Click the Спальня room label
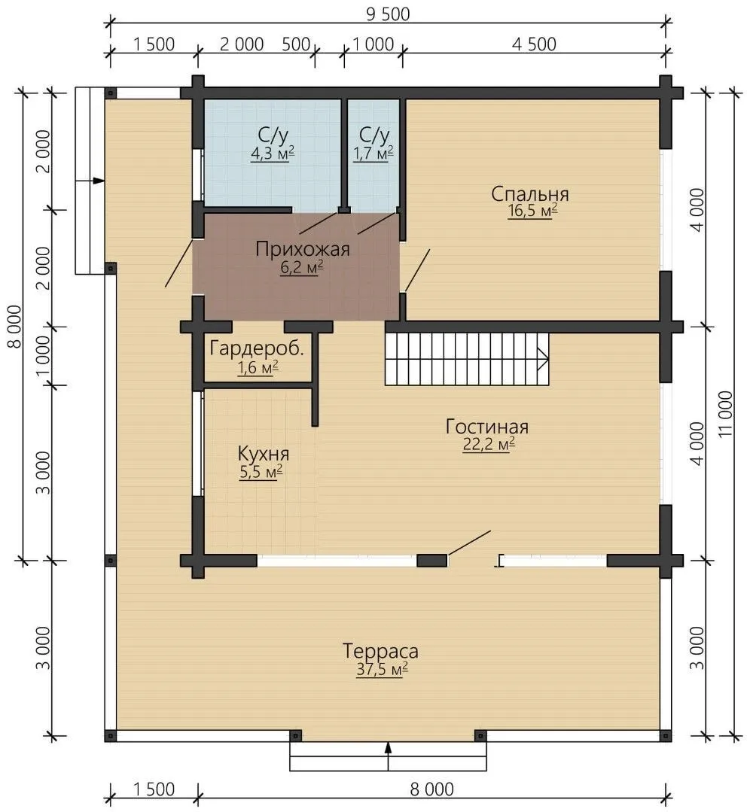[530, 194]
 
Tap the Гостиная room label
[487, 427]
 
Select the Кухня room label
[263, 454]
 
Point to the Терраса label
[380, 651]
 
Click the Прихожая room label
[303, 250]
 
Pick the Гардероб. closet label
[257, 348]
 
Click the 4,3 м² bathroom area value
[273, 154]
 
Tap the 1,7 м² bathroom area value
[373, 154]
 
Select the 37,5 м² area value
[382, 669]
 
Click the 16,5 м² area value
[532, 211]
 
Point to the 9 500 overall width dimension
[388, 14]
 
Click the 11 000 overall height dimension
[726, 414]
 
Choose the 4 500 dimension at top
[534, 44]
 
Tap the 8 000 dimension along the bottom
[432, 789]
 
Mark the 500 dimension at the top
[296, 44]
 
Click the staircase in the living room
[467, 359]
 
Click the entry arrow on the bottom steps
[388, 756]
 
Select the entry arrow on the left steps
[90, 181]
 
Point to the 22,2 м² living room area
[489, 445]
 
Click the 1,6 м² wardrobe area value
[258, 368]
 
